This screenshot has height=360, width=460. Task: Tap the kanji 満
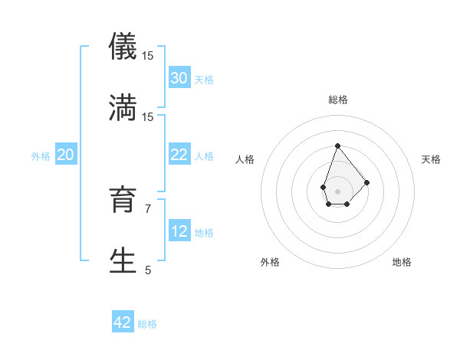point(123,107)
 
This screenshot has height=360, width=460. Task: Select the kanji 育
point(123,200)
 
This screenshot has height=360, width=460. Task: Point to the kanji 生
point(123,260)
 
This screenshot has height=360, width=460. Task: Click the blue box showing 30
point(179,77)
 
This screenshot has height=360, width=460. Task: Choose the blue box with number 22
point(179,155)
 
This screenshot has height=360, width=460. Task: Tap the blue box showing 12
point(179,231)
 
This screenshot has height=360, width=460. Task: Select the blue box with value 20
point(66,155)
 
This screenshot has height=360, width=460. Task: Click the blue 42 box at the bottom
point(123,322)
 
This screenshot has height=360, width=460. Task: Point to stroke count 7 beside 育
point(148,208)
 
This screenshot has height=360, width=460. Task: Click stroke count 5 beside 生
point(148,270)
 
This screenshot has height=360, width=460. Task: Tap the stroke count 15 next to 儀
point(148,56)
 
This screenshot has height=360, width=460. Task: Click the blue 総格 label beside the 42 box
point(147,324)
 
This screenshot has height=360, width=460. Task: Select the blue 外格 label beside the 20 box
point(41,156)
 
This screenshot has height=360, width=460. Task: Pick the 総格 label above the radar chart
point(337,100)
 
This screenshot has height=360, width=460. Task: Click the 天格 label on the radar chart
point(431,159)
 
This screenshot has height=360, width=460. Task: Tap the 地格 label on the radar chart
point(402,262)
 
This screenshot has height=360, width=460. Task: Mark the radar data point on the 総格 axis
point(337,146)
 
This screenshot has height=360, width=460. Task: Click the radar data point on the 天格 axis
point(367,182)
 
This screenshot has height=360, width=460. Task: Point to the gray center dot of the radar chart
point(337,191)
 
